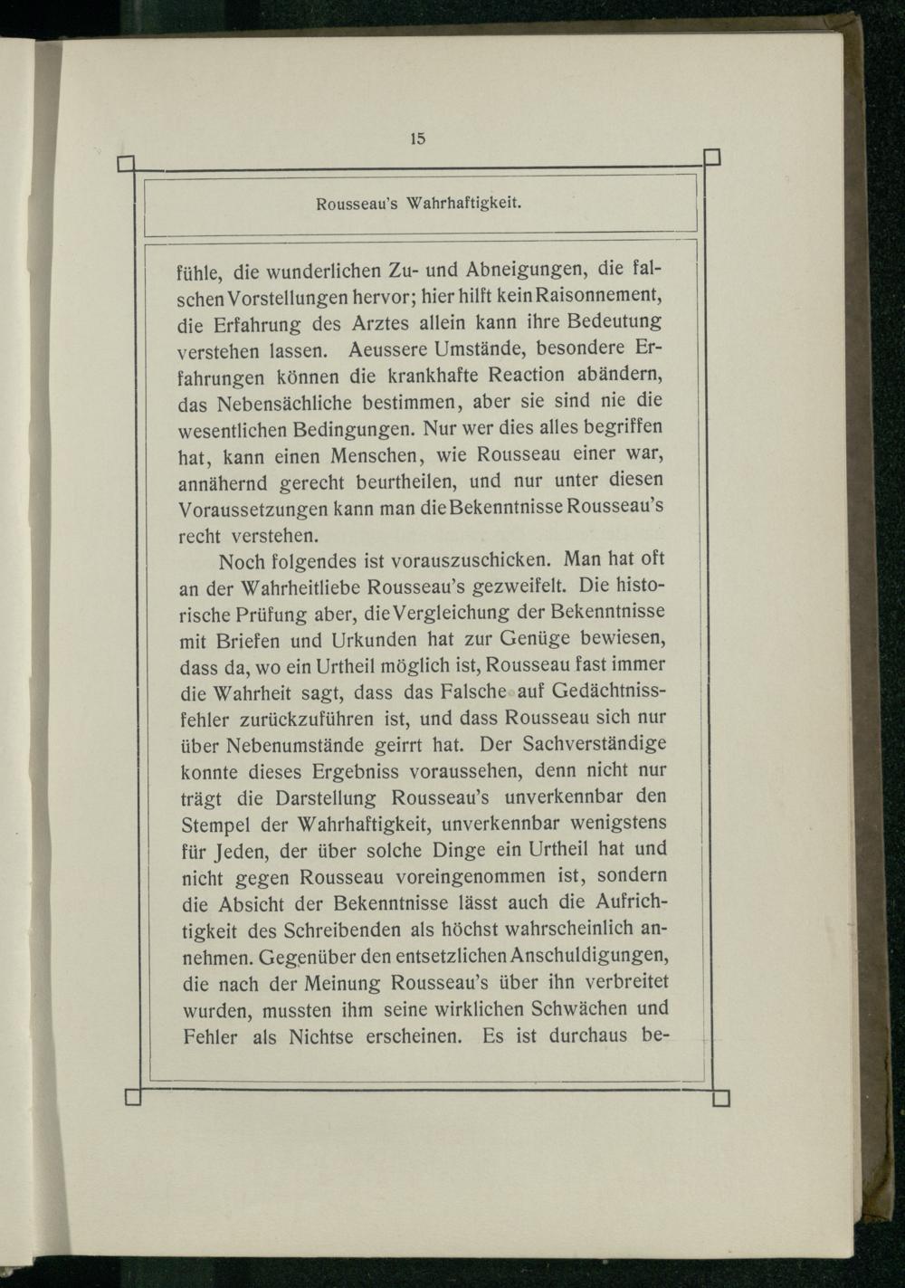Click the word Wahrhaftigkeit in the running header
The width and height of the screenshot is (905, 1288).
(465, 204)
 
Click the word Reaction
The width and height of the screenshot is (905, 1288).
(529, 375)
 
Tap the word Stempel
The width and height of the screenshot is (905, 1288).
(218, 825)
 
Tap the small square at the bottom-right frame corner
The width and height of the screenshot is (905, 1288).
(721, 1098)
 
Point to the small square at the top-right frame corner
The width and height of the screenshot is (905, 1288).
(711, 157)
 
